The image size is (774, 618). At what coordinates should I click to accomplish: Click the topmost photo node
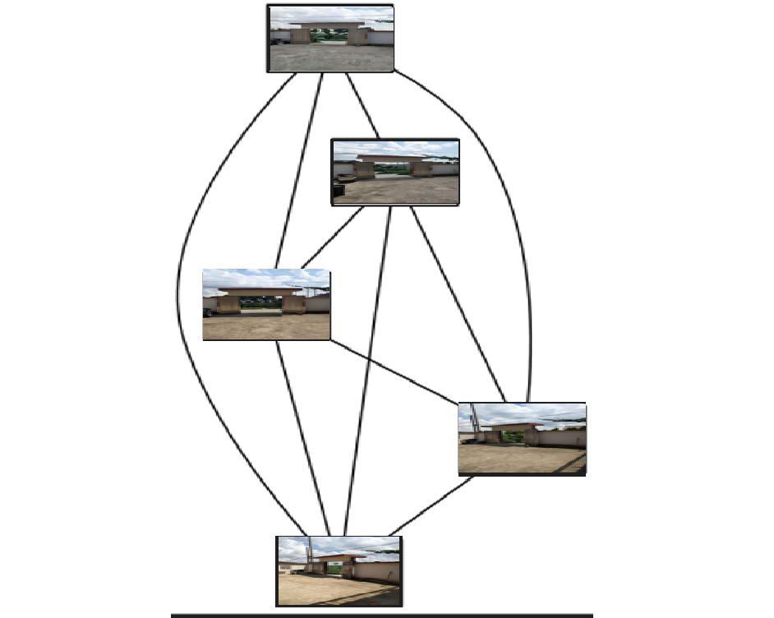(x=330, y=39)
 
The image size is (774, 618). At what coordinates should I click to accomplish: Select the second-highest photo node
(x=395, y=172)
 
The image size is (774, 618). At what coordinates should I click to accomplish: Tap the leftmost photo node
(x=266, y=305)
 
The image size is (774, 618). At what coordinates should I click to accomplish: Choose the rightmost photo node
(x=522, y=439)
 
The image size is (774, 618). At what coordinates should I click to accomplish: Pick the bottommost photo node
(x=339, y=571)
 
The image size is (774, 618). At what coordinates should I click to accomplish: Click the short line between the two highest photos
(x=362, y=105)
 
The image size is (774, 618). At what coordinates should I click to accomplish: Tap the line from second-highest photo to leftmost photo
(x=332, y=238)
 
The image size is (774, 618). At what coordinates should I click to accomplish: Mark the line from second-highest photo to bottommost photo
(x=367, y=370)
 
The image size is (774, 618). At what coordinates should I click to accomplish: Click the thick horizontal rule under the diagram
(x=382, y=615)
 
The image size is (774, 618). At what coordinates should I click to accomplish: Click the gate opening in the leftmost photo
(x=261, y=303)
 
